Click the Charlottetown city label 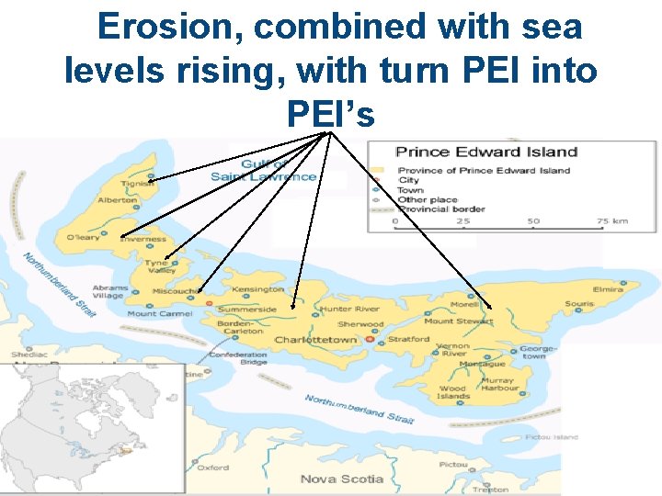[315, 340]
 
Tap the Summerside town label [246, 310]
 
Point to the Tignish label [137, 183]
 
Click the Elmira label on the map [609, 288]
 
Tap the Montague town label [482, 364]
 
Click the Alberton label [118, 199]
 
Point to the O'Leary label [83, 238]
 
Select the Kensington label [258, 289]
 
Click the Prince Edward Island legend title [486, 152]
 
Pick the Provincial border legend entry [441, 209]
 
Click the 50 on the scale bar [533, 221]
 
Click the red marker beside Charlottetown [370, 340]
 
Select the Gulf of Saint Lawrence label [263, 170]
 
